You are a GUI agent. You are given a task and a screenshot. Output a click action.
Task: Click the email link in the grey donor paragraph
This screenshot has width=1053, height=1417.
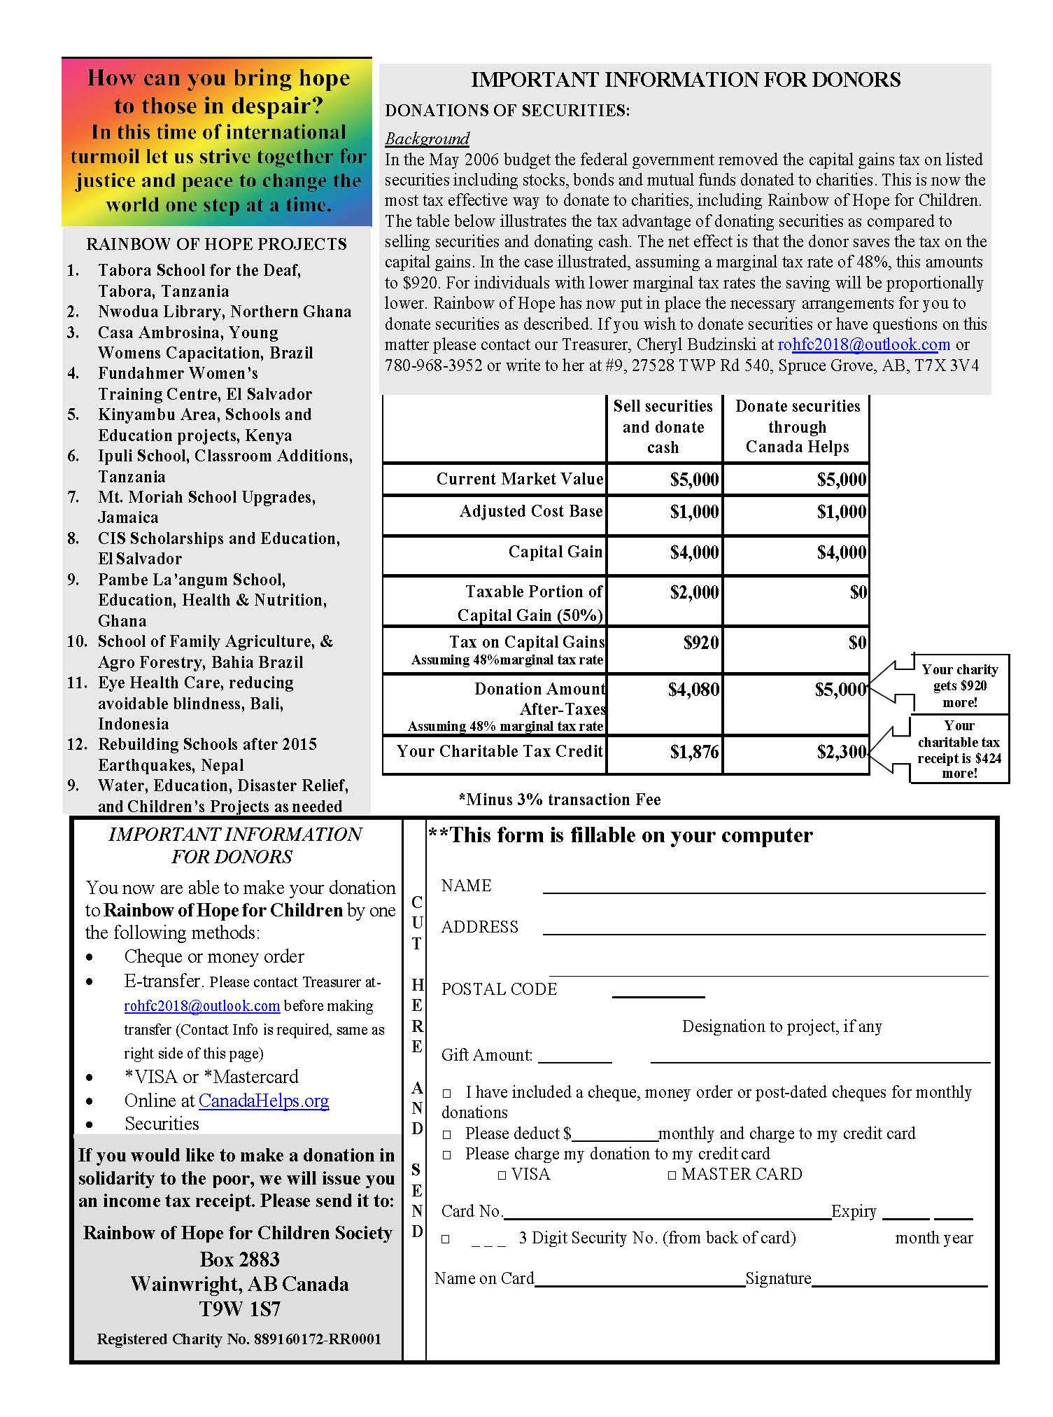pyautogui.click(x=863, y=345)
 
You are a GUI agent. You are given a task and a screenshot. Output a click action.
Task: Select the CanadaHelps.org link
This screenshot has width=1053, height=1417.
pyautogui.click(x=264, y=1101)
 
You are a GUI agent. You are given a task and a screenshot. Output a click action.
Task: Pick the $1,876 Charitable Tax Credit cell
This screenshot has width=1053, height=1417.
pyautogui.click(x=664, y=753)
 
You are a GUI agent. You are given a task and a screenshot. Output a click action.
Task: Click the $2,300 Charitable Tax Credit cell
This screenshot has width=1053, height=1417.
pyautogui.click(x=797, y=753)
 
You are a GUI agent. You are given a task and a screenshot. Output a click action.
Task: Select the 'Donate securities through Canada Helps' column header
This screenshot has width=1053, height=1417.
pyautogui.click(x=797, y=426)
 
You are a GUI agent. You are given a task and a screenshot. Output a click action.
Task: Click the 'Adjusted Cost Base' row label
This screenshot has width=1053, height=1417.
pyautogui.click(x=531, y=511)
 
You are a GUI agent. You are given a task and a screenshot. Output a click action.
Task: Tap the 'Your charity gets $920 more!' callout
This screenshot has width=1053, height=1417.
pyautogui.click(x=959, y=685)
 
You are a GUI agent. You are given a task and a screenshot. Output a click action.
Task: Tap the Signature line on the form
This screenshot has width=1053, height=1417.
pyautogui.click(x=899, y=1282)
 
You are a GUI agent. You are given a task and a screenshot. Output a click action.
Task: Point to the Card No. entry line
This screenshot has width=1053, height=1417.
pyautogui.click(x=667, y=1214)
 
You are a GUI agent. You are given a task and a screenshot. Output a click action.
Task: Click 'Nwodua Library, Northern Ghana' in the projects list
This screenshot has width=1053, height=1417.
pyautogui.click(x=225, y=312)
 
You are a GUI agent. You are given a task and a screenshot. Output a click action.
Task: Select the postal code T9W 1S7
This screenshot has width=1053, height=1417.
pyautogui.click(x=239, y=1308)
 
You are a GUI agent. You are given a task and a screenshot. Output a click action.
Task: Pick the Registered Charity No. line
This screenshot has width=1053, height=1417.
pyautogui.click(x=239, y=1339)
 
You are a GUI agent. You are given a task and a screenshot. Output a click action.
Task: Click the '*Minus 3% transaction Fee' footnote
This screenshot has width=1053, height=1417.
pyautogui.click(x=560, y=800)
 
